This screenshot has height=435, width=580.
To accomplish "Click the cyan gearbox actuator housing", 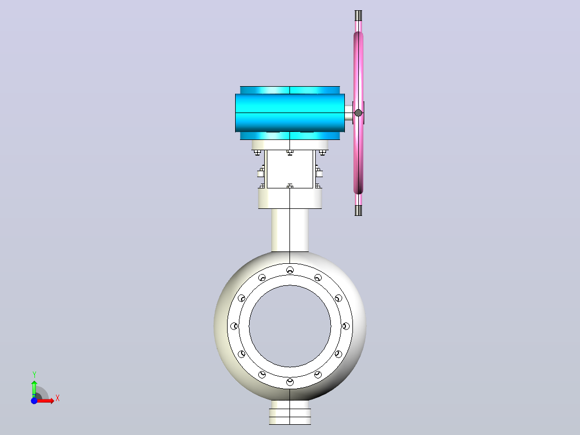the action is pos(290,113).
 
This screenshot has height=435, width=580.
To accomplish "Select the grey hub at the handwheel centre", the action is pos(358,113).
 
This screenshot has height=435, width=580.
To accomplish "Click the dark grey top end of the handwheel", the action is pos(358,16).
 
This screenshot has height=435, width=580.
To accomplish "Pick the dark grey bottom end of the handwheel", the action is pos(358,211).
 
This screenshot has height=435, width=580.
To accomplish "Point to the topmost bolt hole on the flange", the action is pos(290,270).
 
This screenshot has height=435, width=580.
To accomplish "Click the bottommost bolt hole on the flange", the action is pos(290,382).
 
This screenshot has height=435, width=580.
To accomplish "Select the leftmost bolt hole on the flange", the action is pos(234,326).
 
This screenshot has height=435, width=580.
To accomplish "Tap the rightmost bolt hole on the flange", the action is pos(346,326).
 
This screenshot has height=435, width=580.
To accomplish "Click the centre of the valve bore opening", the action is pos(290,326).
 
